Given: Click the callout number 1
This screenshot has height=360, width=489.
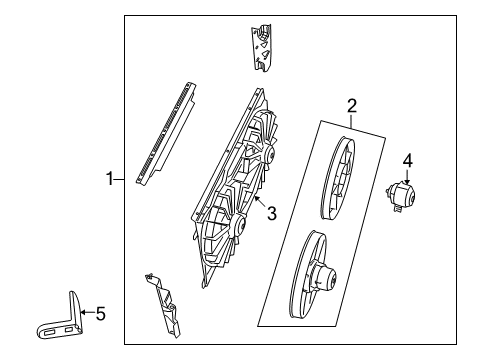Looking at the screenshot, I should (x=111, y=180).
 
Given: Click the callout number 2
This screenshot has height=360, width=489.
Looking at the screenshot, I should (x=352, y=105).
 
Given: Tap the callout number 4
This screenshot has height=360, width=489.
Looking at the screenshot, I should (x=407, y=159).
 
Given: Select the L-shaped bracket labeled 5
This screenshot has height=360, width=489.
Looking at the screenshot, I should (x=60, y=321).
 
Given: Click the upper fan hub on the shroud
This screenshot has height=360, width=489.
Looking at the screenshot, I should (x=265, y=157).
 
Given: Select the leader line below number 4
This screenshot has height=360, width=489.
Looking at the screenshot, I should (x=407, y=172).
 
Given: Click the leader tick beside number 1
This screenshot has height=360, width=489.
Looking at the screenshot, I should (x=120, y=180).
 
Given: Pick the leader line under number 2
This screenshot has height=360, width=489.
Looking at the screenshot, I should (x=352, y=117).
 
